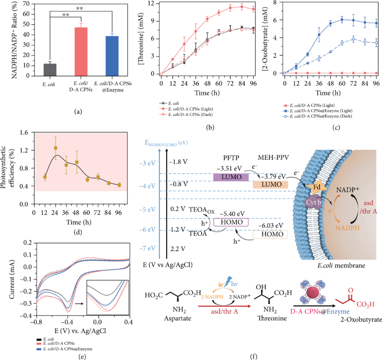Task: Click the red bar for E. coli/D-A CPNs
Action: point(81,52)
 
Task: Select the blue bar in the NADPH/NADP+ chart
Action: point(112,56)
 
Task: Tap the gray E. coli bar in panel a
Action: point(50,70)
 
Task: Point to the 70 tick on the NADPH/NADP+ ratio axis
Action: point(26,4)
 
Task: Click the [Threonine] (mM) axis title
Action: point(141,39)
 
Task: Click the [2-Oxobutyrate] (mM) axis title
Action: point(265,39)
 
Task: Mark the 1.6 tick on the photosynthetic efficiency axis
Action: point(24,132)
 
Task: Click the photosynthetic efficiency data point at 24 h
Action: point(56,148)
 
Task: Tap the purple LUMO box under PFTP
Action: point(231,177)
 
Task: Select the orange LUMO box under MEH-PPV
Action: point(271,184)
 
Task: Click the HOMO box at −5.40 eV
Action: point(231,222)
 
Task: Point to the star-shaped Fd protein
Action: point(317,187)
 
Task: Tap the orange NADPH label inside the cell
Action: point(347,228)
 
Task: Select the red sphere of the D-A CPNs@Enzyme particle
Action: point(313,292)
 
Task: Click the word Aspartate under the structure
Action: point(178,318)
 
